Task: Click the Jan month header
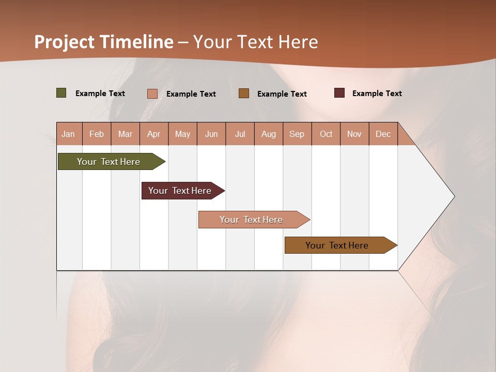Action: tap(68, 134)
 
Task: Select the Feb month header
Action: tap(97, 134)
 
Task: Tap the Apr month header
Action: tap(153, 134)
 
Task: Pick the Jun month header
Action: tap(211, 134)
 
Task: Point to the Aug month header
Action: tap(268, 134)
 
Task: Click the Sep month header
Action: tap(297, 134)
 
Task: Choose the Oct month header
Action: tap(326, 134)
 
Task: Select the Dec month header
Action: tap(383, 134)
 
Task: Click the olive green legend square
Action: tap(61, 93)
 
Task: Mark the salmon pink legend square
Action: tap(152, 94)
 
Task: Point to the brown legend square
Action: tap(244, 94)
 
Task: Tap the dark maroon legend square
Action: tap(339, 93)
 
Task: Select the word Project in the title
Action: tap(65, 42)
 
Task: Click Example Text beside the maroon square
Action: tap(377, 94)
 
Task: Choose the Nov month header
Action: tap(354, 134)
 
